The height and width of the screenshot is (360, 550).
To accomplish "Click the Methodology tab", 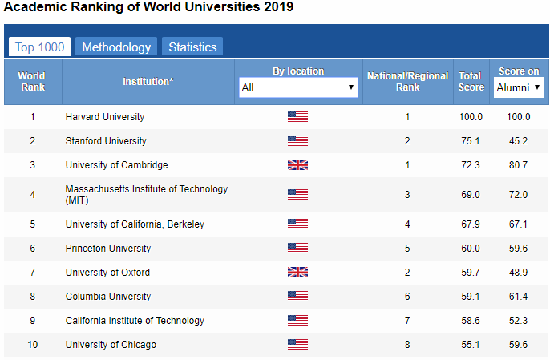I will tap(116, 47).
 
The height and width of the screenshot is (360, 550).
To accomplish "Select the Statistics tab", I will tap(192, 47).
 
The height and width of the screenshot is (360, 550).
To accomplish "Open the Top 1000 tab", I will tap(39, 47).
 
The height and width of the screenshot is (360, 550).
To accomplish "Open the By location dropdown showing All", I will tap(298, 87).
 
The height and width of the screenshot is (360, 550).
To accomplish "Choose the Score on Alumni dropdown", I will tap(519, 87).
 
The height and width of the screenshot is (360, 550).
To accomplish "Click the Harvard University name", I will tap(105, 117).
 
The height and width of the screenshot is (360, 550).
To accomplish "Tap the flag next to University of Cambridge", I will tap(297, 165).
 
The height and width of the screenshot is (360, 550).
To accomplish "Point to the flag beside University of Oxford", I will tap(297, 273).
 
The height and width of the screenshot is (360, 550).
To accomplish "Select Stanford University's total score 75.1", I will tap(470, 141).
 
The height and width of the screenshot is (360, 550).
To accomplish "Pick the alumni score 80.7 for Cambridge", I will tap(518, 165).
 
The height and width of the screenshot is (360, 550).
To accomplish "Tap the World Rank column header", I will tap(32, 82).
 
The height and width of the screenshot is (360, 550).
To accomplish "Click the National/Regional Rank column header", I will tap(407, 82).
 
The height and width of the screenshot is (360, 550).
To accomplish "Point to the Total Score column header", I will tap(470, 82).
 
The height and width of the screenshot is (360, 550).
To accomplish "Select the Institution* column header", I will tap(148, 82).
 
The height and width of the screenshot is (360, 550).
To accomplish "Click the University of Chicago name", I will tap(111, 345).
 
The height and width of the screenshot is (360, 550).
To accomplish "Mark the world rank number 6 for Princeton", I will tap(33, 249).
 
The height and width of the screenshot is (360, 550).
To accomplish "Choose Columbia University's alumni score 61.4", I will tap(518, 297).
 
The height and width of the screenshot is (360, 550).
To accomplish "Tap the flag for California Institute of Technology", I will tap(297, 321).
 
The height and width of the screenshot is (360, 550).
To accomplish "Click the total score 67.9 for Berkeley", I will tap(470, 224).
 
